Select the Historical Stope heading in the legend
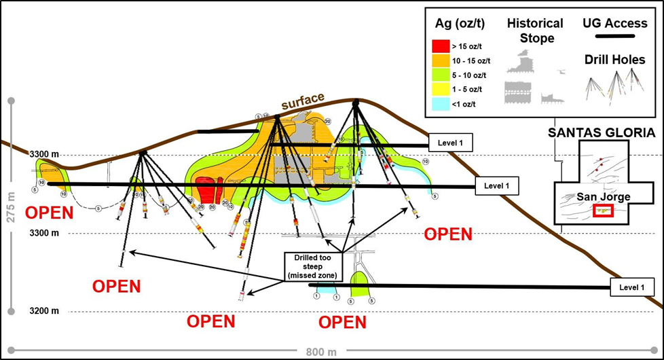coord(535,30)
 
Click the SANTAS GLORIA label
coord(602,133)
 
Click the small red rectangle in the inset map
coord(603,211)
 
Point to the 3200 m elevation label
coord(44,311)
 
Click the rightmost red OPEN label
coord(448,234)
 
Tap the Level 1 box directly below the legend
coord(450,143)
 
